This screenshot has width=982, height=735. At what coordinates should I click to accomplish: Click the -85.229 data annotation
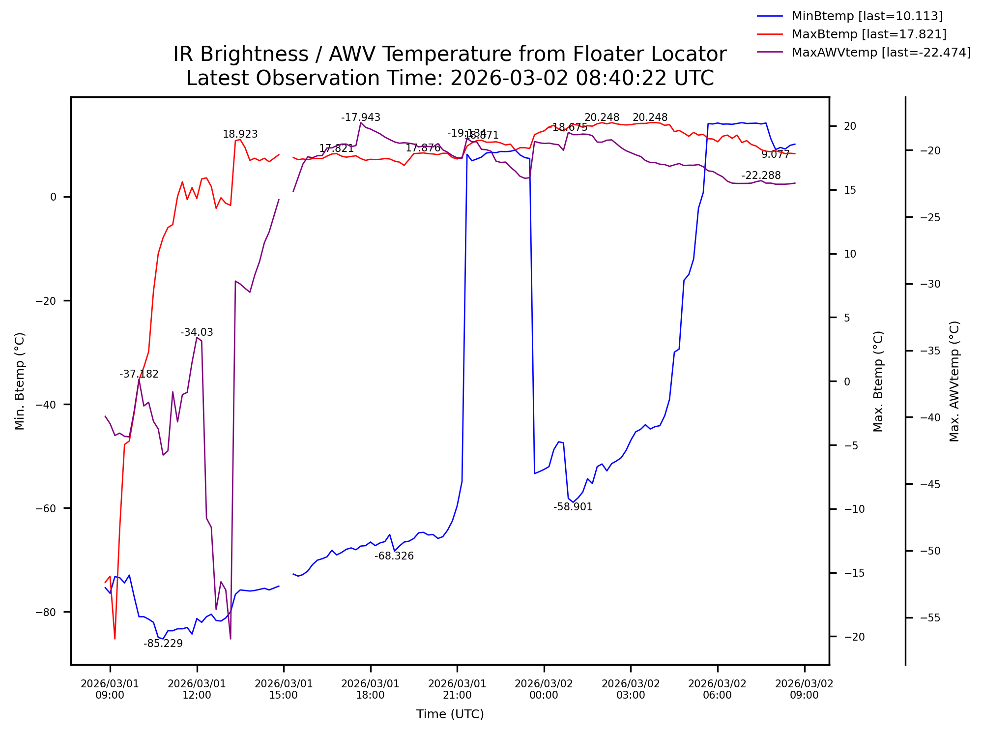[163, 644]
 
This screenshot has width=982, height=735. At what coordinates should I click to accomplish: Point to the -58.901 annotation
[573, 507]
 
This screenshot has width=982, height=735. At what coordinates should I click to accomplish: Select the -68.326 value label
[394, 556]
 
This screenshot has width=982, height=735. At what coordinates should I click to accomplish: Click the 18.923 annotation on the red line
[240, 134]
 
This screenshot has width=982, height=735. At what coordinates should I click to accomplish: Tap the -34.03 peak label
[197, 332]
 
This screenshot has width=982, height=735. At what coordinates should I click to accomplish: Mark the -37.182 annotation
[139, 374]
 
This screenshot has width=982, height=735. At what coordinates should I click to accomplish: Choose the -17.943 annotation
[361, 118]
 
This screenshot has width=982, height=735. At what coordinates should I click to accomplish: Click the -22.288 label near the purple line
[761, 176]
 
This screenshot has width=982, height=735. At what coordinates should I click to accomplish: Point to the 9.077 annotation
[775, 154]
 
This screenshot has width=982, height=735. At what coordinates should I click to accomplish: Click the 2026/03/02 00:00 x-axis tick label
[544, 689]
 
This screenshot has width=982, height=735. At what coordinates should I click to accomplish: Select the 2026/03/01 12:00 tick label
[197, 689]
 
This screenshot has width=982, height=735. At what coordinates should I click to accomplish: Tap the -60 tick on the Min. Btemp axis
[46, 508]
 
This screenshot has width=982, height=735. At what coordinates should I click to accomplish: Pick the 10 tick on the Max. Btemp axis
[850, 254]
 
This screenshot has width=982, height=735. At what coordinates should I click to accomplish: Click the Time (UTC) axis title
[450, 714]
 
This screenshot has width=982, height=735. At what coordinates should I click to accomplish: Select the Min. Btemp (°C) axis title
[20, 381]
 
